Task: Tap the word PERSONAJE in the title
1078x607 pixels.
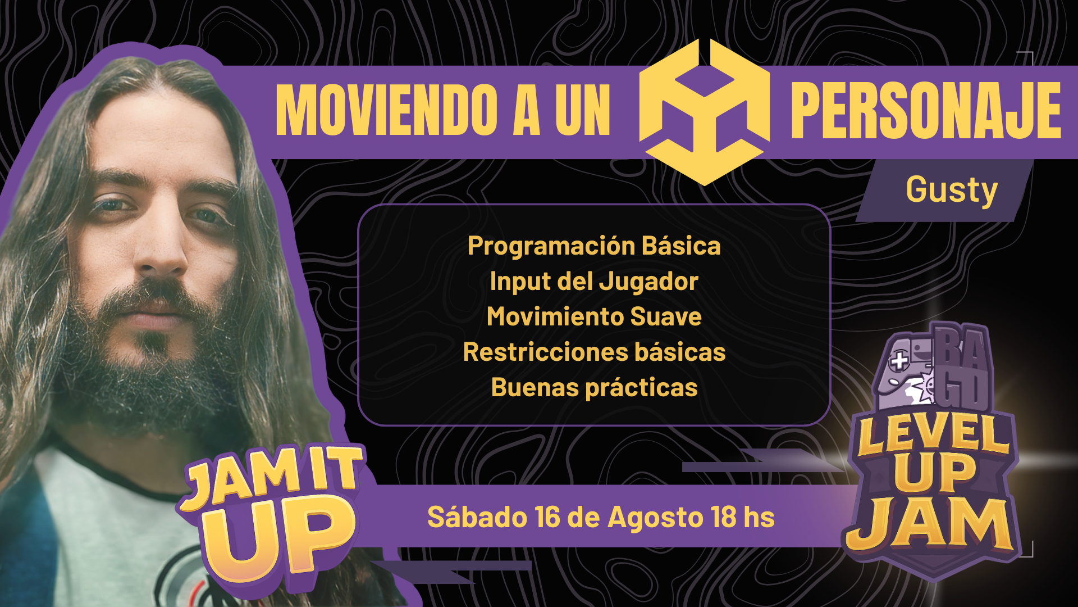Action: [926, 110]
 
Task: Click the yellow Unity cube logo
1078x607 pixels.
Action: [705, 112]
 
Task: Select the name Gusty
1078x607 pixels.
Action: [952, 190]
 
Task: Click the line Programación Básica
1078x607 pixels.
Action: [594, 246]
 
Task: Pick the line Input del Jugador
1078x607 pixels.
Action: [594, 282]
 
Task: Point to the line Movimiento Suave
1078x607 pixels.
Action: [594, 316]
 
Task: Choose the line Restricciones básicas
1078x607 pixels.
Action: [594, 352]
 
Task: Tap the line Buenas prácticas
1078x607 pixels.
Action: [594, 388]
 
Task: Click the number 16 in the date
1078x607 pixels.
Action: [547, 517]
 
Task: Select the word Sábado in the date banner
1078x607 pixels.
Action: [477, 517]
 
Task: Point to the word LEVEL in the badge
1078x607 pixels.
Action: [934, 436]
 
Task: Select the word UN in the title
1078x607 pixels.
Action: [583, 110]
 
